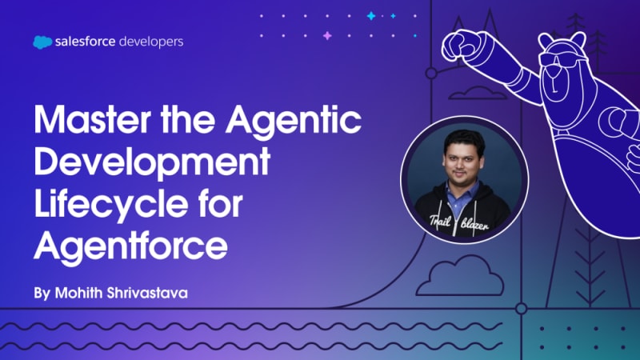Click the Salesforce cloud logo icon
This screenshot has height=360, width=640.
tap(42, 42)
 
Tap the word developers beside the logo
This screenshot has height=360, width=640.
tap(151, 42)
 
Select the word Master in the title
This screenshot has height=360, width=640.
tap(93, 119)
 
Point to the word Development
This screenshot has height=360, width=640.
tap(152, 163)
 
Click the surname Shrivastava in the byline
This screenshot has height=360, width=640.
tap(147, 293)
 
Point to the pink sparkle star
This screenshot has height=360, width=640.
tap(327, 35)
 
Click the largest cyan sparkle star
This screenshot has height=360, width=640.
tap(371, 16)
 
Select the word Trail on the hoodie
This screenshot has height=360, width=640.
tap(440, 222)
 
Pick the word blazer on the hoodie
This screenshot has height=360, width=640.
tap(474, 225)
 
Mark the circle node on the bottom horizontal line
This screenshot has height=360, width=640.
tap(522, 309)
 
